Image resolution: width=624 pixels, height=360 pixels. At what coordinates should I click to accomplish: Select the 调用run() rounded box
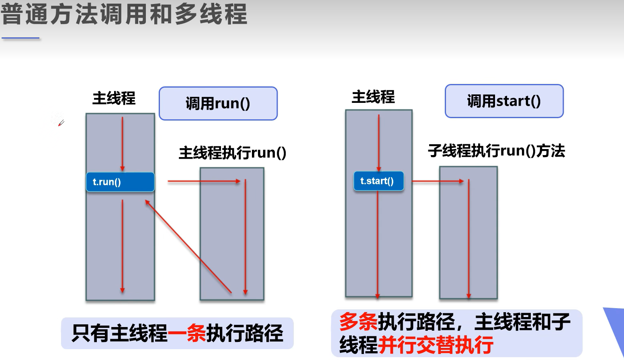(x=218, y=104)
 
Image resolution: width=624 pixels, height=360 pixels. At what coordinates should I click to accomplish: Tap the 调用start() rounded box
(x=504, y=101)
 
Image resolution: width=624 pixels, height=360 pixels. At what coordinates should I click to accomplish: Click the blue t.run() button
(x=120, y=182)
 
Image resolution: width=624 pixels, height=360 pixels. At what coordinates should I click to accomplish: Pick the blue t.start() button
(x=378, y=181)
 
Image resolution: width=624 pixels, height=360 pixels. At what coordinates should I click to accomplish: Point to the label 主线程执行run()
(x=232, y=153)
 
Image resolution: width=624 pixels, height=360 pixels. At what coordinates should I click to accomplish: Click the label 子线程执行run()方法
(x=496, y=151)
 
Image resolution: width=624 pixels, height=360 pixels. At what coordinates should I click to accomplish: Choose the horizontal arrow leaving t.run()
(x=204, y=182)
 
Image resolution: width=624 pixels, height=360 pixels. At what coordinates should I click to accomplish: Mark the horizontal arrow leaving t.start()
(x=438, y=182)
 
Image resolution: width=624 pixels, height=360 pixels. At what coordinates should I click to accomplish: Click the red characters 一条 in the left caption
(x=186, y=333)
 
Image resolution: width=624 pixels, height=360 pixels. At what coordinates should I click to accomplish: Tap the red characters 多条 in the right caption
(x=358, y=322)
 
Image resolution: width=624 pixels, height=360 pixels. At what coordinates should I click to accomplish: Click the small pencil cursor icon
(x=61, y=123)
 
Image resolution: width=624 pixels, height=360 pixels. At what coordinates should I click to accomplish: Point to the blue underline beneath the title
(x=20, y=38)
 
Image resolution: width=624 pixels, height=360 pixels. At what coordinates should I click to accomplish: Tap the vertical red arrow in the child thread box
(x=469, y=239)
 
